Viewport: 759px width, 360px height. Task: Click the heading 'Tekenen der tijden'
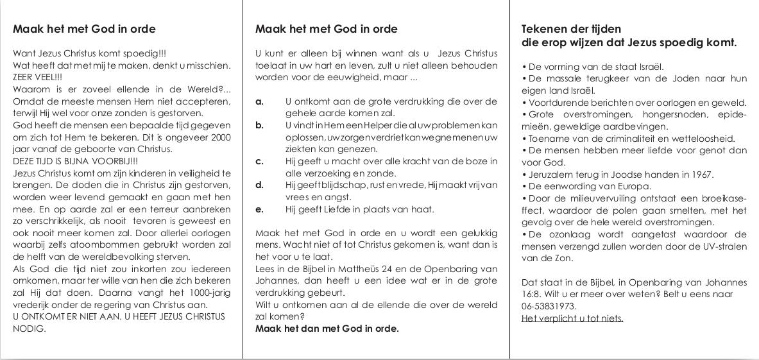click(571, 29)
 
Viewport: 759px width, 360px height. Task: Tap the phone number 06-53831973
click(549, 306)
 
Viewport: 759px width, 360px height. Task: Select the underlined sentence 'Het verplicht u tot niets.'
click(572, 318)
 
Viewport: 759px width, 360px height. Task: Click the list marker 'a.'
click(259, 101)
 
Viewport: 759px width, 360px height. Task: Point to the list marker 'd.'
click(259, 185)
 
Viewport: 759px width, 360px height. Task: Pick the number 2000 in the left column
click(220, 137)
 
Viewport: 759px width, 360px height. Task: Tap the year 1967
click(701, 175)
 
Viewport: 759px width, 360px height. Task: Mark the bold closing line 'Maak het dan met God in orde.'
click(327, 329)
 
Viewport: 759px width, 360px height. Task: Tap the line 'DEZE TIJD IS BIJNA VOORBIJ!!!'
click(75, 161)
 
